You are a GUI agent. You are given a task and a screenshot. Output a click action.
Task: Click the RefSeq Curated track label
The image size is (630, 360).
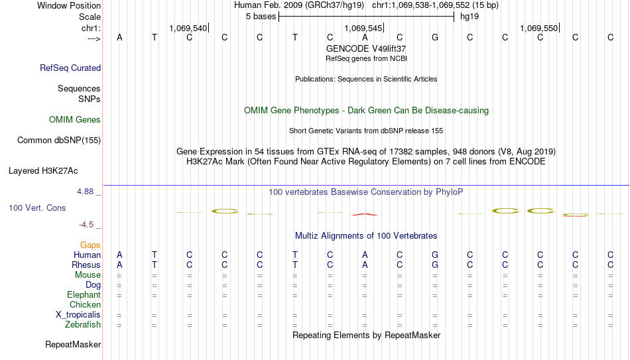pos(70,68)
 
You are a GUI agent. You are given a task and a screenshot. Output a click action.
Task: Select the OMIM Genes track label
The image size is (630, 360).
pos(75,120)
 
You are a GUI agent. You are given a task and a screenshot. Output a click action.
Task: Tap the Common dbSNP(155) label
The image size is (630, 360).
pos(59,141)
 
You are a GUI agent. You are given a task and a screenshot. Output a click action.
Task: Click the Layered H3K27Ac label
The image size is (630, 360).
pos(43,171)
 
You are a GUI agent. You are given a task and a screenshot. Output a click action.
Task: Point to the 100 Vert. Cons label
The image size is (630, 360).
pos(37,208)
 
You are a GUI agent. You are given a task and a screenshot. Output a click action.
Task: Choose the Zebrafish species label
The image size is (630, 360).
pos(83,324)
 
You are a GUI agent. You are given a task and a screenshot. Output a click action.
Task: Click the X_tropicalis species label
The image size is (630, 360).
pos(78,315)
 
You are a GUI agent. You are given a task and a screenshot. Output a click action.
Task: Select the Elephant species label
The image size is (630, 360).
pos(84,295)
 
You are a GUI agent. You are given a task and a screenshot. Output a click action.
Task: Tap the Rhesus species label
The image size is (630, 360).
pos(86,265)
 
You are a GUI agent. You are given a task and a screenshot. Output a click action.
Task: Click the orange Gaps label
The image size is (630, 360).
pos(90,245)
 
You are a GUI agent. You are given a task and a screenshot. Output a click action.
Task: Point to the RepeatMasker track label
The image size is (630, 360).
pos(73,344)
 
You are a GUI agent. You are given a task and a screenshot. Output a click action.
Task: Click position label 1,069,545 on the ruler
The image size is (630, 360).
pos(363,28)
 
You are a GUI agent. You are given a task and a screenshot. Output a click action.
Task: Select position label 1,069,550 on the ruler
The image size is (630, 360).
pos(538,28)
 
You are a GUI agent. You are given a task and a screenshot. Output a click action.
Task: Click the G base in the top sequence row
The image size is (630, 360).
pos(435,37)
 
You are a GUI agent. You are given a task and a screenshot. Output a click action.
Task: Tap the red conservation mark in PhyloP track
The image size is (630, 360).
pos(365,215)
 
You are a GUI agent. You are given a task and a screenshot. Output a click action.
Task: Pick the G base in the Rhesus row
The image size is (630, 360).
pos(435,265)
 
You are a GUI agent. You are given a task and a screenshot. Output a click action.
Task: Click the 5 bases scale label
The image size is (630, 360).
pos(261,17)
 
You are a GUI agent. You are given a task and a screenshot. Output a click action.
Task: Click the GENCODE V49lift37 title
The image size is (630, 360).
pos(366,48)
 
